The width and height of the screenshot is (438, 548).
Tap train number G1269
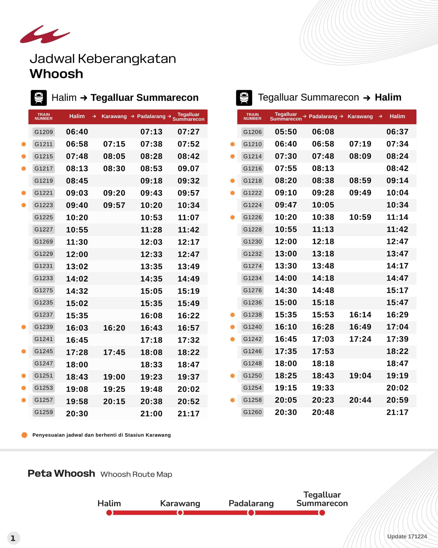tap(44, 241)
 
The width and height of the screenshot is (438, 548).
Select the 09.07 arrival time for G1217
tap(188, 168)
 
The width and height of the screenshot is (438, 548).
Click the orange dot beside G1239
tap(24, 327)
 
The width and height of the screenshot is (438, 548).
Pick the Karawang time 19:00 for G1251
tap(114, 377)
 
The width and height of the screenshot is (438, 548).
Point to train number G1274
tap(252, 266)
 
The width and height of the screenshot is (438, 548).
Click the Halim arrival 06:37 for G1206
tap(397, 132)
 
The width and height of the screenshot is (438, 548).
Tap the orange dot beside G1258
tap(232, 400)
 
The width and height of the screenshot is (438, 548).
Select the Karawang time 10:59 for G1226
tap(360, 217)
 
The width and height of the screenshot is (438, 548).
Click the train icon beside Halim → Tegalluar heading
tap(38, 98)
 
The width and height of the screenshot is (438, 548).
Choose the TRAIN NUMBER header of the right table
tap(252, 116)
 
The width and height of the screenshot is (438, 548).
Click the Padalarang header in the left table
tap(151, 116)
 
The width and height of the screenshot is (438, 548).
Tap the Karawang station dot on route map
tap(180, 513)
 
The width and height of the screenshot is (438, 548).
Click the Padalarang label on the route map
tap(251, 503)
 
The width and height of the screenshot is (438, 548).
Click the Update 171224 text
tap(407, 536)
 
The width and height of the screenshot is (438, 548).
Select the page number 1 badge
tap(13, 538)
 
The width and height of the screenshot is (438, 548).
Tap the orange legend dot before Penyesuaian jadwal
tap(24, 435)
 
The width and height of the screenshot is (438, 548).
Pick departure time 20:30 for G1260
tap(286, 412)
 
